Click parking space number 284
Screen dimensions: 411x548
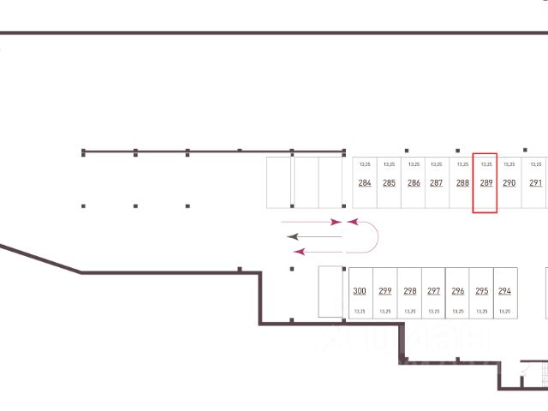[x=365, y=182]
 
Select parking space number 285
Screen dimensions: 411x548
[x=389, y=182]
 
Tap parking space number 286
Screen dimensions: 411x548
[x=414, y=182]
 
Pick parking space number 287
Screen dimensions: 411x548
[x=437, y=182]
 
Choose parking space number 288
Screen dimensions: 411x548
[x=462, y=182]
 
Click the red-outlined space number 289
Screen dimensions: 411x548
[x=485, y=182]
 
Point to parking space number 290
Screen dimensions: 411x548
[x=509, y=182]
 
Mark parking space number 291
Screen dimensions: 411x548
[x=536, y=182]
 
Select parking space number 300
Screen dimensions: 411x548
[x=360, y=291]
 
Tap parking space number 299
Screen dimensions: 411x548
[x=384, y=291]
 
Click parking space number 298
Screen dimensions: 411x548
[x=409, y=291]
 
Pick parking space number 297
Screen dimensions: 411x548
[x=433, y=291]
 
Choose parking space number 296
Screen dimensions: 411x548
[x=457, y=291]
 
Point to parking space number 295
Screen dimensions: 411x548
[x=481, y=291]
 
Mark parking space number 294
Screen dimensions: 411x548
[x=504, y=291]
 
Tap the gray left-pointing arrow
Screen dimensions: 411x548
[x=313, y=235]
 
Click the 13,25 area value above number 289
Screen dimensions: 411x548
[x=486, y=164]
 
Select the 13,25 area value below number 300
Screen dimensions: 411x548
[x=360, y=311]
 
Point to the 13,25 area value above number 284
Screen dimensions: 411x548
[x=365, y=164]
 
